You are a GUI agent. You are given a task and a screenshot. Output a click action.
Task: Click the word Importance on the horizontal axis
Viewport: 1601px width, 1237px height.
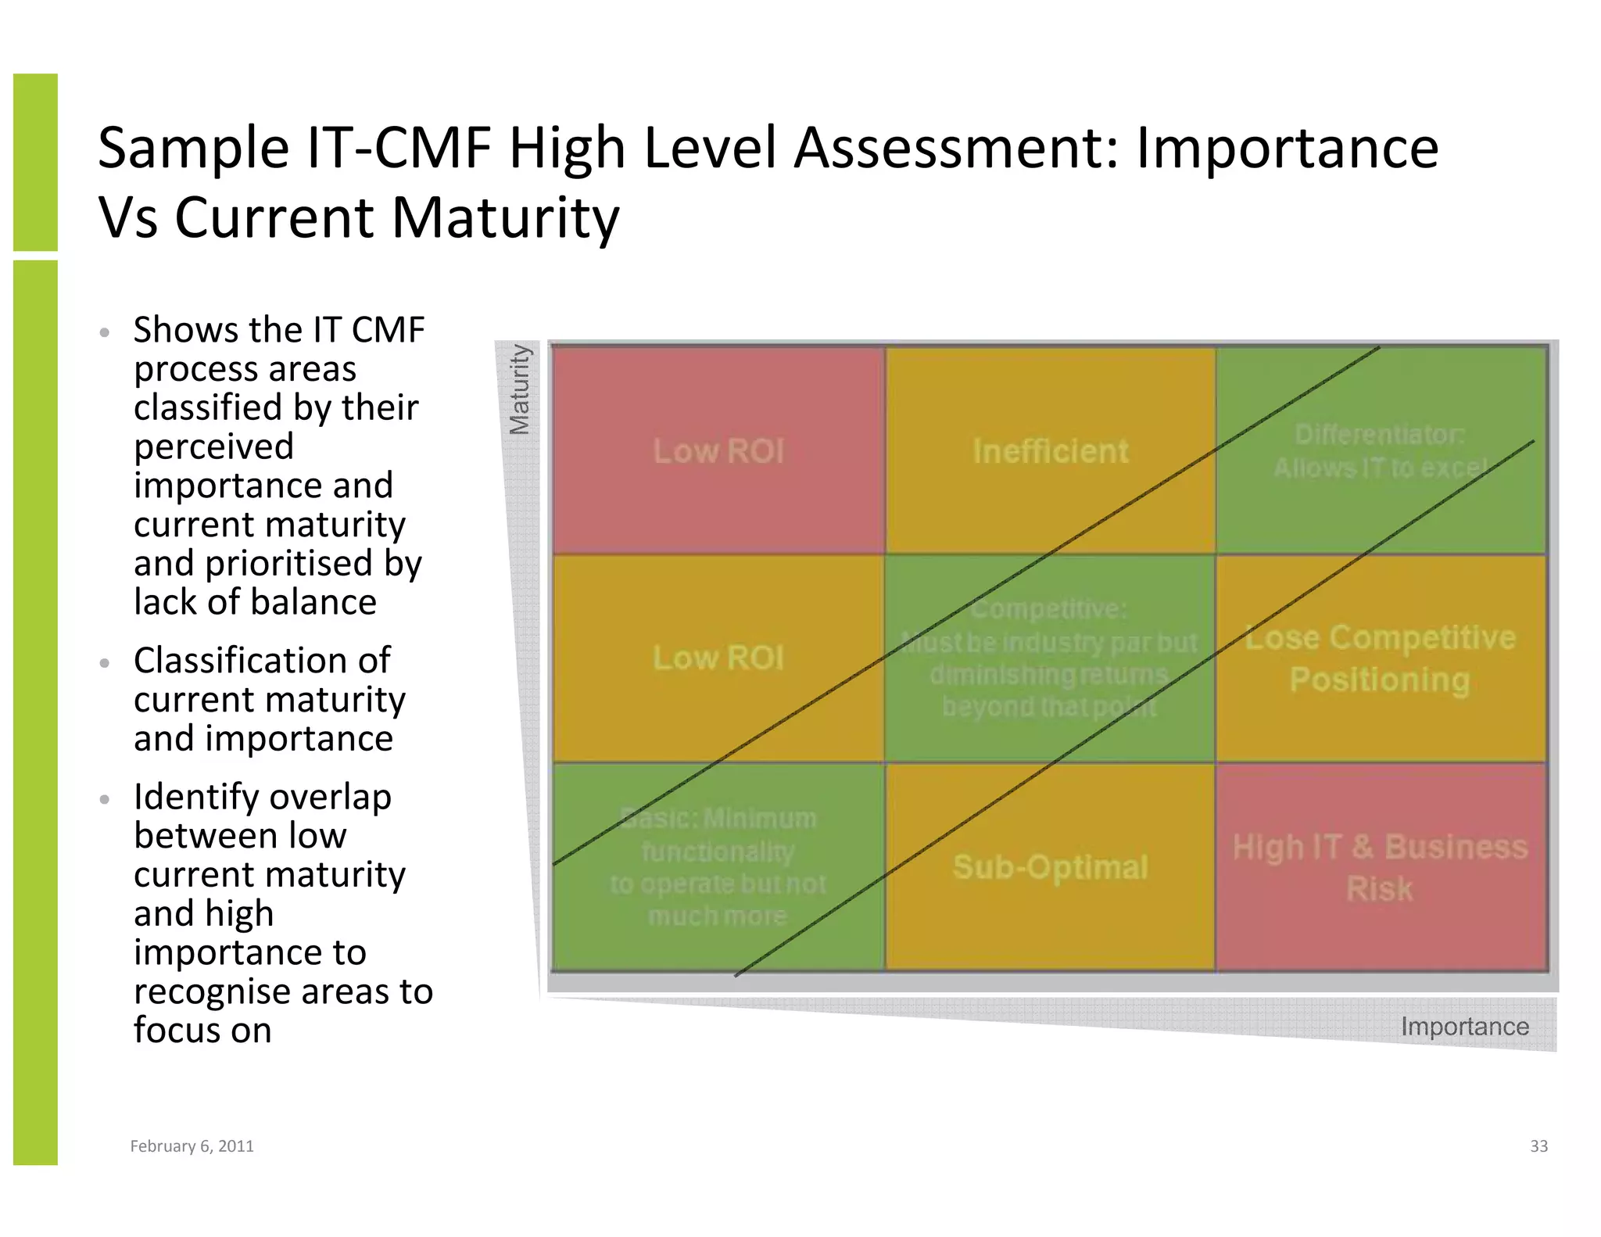1464,1026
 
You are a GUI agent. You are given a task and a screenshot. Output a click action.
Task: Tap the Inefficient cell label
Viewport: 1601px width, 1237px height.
1050,451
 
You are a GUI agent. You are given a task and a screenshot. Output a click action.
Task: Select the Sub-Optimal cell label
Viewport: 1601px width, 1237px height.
1050,867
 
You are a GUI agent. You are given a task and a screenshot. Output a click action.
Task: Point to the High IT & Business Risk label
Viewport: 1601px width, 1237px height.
1380,868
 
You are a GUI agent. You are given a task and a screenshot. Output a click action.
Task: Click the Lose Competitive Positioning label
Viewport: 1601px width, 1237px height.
1380,658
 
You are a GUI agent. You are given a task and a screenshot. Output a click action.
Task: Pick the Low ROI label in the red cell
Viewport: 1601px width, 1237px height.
718,451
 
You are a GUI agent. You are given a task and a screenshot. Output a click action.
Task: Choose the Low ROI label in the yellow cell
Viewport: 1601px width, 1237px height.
718,658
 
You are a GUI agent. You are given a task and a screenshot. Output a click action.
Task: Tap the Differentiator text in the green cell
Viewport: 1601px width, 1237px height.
1379,435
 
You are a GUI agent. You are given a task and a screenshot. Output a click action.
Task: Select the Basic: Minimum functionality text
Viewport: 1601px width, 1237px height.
718,835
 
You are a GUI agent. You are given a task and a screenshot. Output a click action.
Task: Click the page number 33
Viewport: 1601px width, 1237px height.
1538,1146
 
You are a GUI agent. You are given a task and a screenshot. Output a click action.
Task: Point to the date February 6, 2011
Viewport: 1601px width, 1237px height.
192,1146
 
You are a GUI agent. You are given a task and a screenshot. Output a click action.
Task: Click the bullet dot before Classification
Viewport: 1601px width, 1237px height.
105,664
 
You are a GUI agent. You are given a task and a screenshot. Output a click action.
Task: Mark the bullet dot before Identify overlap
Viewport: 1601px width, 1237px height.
105,800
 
